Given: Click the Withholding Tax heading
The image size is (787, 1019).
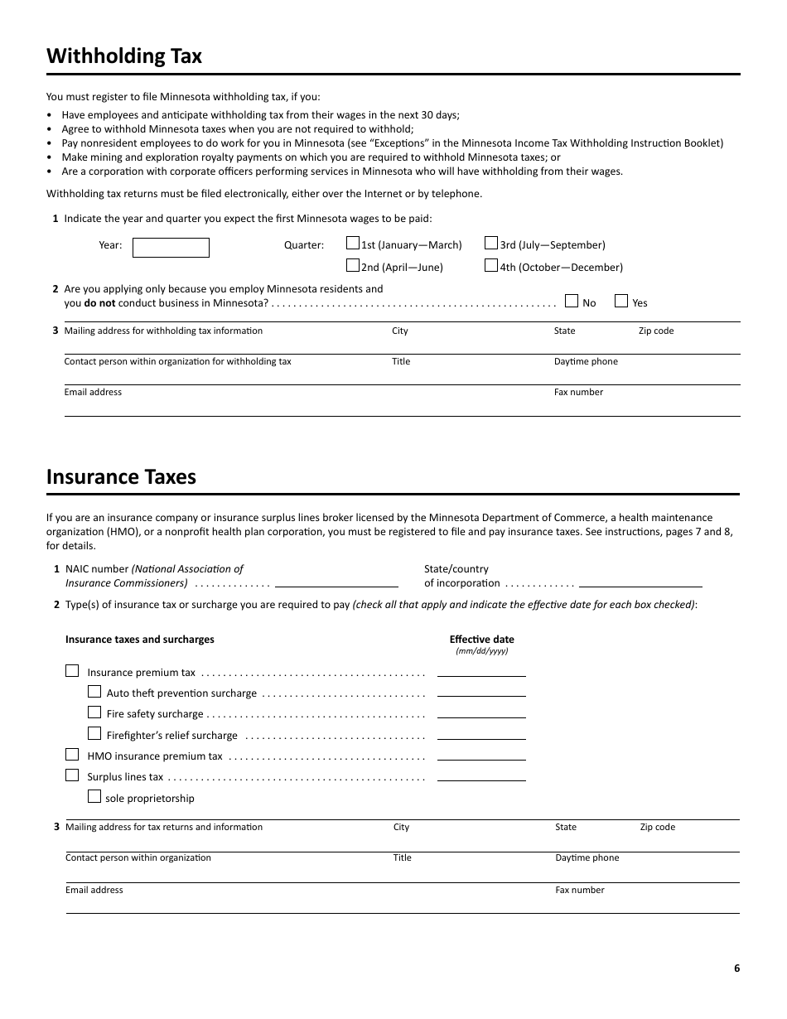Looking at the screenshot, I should (x=124, y=56).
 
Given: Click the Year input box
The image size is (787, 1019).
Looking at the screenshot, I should (x=171, y=248).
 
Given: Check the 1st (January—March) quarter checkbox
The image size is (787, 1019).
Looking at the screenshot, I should (x=353, y=244).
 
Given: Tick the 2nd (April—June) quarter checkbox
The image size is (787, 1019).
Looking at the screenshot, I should (x=353, y=266).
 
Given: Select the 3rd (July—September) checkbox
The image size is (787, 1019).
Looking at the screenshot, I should (x=491, y=244).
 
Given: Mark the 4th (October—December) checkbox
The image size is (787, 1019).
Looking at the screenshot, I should (x=491, y=266).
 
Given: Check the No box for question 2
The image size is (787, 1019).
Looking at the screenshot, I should (x=572, y=301).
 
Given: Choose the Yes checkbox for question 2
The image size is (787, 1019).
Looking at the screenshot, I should (x=621, y=301).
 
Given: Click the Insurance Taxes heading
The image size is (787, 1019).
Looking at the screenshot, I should (x=121, y=477).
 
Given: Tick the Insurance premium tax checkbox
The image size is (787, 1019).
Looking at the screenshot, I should (x=72, y=671).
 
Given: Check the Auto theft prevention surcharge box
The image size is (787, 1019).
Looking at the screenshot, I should (x=94, y=691).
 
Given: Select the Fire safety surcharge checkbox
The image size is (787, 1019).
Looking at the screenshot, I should (x=94, y=712).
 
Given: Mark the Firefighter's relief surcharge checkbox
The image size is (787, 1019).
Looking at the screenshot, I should (x=94, y=733).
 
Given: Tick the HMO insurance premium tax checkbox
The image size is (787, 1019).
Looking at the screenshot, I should (x=72, y=754).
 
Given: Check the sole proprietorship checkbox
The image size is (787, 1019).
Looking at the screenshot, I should (x=94, y=796).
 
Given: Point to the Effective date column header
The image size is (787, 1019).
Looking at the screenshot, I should (x=481, y=640).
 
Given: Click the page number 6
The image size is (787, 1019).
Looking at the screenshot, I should (x=736, y=968).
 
